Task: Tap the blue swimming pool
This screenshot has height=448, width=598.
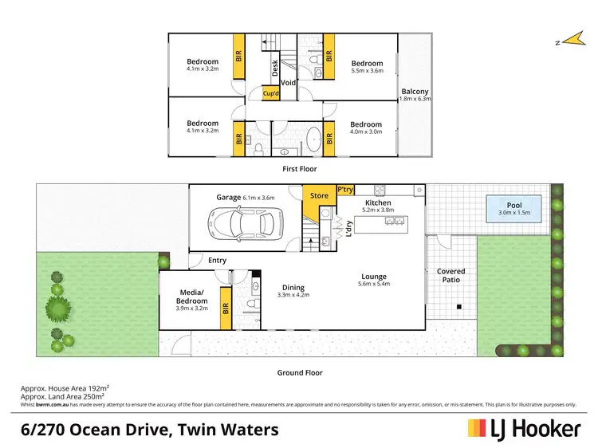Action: (x=514, y=210)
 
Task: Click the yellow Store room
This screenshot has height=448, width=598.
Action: (x=319, y=195)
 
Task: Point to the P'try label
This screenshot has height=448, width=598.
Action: (x=345, y=190)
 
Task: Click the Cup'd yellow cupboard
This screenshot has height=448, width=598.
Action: (x=272, y=93)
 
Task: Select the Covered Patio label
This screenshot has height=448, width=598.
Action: (x=450, y=276)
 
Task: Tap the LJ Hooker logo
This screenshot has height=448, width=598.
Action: (x=523, y=429)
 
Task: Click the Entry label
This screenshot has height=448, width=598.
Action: (x=217, y=260)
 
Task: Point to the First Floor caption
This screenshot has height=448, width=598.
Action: (x=300, y=169)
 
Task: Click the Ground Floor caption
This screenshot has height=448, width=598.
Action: (x=300, y=371)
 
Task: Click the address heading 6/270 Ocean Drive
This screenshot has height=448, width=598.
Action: (x=149, y=430)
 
